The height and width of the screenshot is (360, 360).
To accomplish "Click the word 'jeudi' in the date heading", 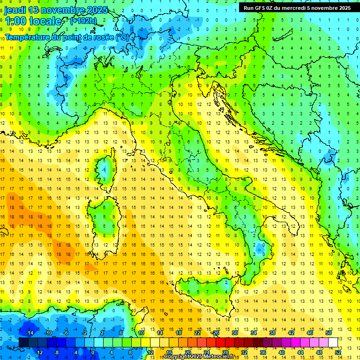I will [x=15, y=10].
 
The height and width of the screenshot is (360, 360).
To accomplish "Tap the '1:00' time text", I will [x=16, y=22].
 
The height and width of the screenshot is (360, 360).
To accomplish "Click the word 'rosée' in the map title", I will [x=102, y=37].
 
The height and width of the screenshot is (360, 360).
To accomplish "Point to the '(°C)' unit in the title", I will [x=122, y=37].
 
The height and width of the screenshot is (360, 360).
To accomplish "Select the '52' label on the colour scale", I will [x=338, y=352].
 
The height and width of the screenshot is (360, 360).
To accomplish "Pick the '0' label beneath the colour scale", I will [x=92, y=352].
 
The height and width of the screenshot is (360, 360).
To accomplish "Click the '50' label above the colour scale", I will [x=329, y=333].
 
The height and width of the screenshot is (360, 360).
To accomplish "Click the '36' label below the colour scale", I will [x=263, y=352].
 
